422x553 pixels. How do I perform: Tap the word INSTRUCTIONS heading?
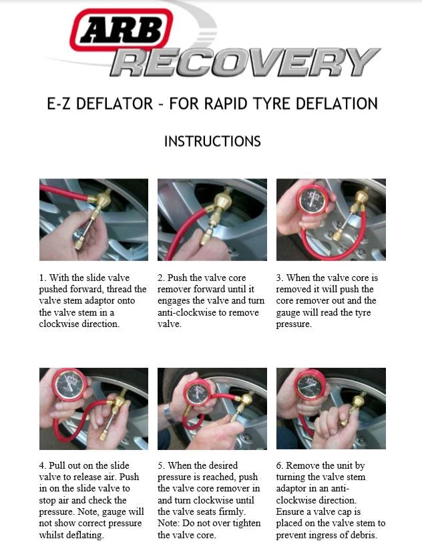click(212, 141)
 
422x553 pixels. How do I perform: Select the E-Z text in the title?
click(60, 104)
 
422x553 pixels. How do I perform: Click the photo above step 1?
click(93, 219)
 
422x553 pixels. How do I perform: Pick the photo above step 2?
click(212, 219)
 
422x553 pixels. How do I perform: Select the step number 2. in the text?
click(162, 278)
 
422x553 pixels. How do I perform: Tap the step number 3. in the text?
click(280, 278)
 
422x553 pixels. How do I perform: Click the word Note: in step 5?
click(172, 524)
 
